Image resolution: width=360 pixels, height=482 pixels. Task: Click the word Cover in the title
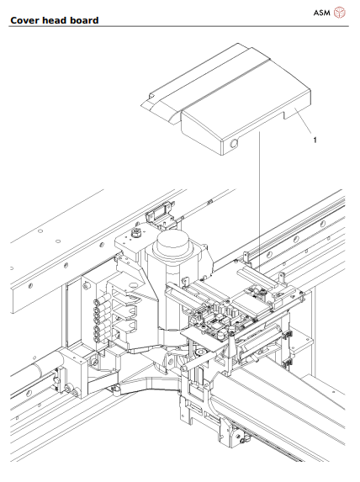(27, 19)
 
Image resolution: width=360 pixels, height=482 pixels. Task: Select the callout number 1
(315, 140)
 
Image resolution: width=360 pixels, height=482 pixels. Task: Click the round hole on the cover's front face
(234, 146)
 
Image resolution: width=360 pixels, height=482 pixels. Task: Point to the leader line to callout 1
(298, 126)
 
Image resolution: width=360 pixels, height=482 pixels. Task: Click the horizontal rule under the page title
(180, 26)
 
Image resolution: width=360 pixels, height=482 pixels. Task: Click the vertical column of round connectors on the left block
(96, 324)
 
